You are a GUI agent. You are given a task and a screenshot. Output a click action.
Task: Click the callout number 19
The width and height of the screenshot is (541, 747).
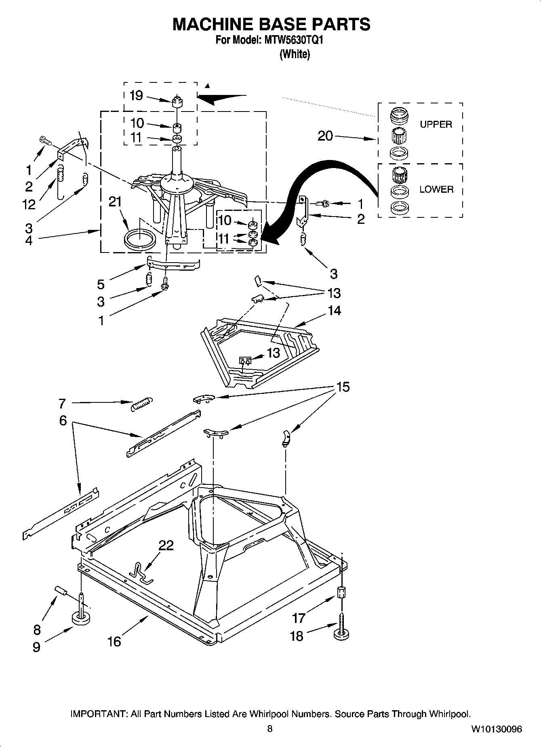tap(136, 96)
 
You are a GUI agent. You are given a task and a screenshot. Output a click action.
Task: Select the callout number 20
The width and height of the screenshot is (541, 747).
tap(325, 136)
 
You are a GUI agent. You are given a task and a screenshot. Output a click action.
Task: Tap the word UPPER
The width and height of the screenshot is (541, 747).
tap(436, 124)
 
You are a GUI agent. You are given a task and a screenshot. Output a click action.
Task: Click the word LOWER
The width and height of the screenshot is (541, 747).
tap(436, 189)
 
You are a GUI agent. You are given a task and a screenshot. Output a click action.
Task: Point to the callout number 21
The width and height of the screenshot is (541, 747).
tap(115, 202)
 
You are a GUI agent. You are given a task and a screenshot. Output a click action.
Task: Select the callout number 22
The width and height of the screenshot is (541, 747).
tap(166, 545)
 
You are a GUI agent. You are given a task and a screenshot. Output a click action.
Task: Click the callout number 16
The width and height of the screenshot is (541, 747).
tap(114, 642)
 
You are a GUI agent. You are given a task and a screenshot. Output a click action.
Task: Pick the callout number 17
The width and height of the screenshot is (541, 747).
tap(299, 618)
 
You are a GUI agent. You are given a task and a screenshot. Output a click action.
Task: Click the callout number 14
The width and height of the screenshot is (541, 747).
tap(334, 310)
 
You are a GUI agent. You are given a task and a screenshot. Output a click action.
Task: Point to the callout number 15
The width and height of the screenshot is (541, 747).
tap(343, 387)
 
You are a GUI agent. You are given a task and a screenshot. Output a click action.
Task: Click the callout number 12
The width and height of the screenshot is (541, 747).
tap(29, 204)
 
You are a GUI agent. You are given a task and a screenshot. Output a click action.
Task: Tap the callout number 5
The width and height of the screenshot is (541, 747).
tap(101, 284)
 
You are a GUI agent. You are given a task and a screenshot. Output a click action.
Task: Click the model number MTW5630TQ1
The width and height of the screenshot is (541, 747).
tap(294, 40)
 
